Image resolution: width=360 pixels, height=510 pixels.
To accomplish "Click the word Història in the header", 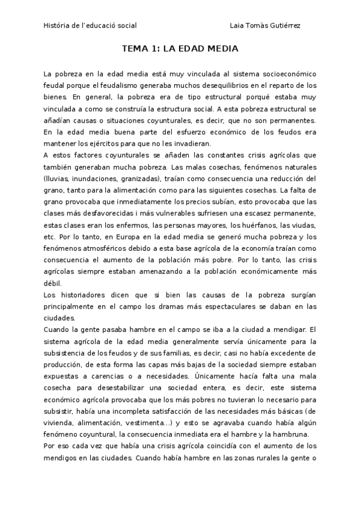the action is (x=56, y=26).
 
